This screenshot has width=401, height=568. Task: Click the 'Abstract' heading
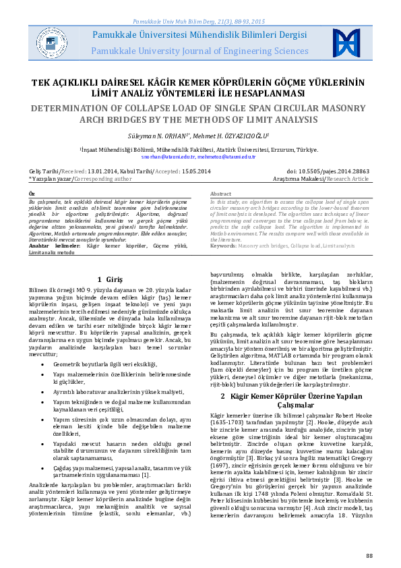click(221, 194)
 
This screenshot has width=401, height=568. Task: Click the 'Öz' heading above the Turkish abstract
click(32, 194)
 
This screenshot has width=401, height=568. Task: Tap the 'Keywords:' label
click(224, 247)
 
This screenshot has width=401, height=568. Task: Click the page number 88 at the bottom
click(369, 555)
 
